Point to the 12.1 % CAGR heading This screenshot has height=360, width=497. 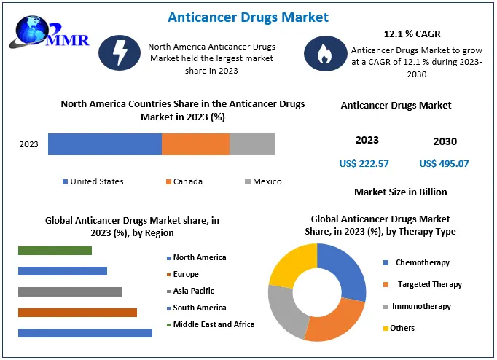(x=412, y=34)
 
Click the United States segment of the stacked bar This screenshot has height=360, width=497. (x=105, y=144)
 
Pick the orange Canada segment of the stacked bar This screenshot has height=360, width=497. (x=195, y=144)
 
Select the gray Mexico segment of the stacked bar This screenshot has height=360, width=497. (x=252, y=144)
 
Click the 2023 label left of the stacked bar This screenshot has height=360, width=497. (x=28, y=144)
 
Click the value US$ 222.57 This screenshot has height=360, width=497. (x=364, y=164)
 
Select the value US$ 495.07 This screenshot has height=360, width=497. (x=444, y=164)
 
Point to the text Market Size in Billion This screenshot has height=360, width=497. (x=401, y=192)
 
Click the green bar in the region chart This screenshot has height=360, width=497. (x=55, y=251)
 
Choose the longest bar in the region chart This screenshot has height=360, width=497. (x=85, y=333)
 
